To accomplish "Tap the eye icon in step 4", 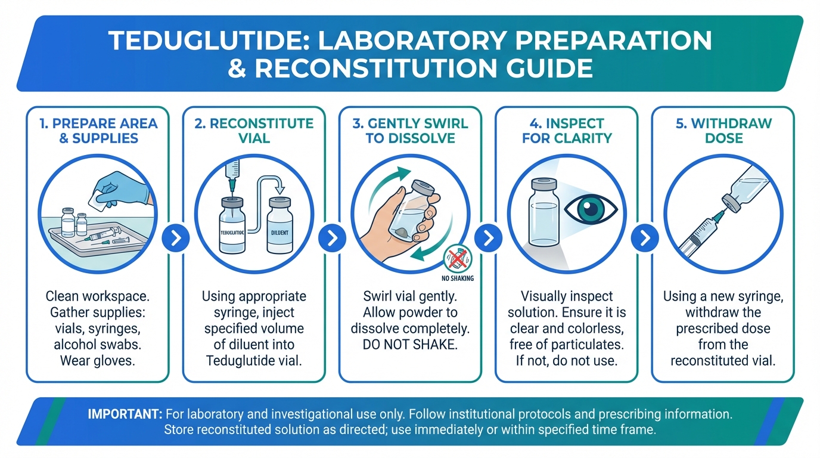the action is coord(591,209).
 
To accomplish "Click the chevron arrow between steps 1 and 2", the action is coord(176,238).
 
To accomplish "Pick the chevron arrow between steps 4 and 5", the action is coord(645,238).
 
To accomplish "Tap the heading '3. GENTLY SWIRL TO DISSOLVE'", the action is coord(410,131).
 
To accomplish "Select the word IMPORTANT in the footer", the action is coord(125,414).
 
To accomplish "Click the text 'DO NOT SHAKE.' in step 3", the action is coord(410,345).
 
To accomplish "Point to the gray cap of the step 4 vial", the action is coord(543,184).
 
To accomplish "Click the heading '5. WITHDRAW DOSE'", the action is coord(723,131).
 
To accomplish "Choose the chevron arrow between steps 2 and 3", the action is coord(332,238).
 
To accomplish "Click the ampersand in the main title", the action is coord(237,68).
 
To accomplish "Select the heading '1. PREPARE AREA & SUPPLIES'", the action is coord(98,131).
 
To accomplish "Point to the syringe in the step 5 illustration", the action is coord(701,235).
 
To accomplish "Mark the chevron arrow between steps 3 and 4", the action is coord(488,238).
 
